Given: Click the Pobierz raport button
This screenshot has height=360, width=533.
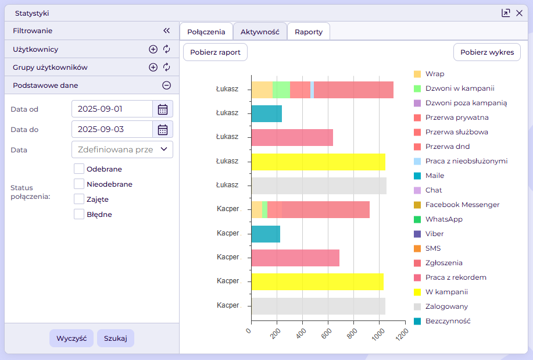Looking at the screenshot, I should [x=215, y=52].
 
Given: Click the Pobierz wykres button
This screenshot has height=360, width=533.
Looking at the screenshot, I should [x=487, y=52].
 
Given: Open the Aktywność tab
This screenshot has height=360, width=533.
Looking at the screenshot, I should [x=260, y=32].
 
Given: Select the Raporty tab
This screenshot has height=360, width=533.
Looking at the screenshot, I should [x=309, y=32].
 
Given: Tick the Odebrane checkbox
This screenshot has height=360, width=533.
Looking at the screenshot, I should [x=79, y=169].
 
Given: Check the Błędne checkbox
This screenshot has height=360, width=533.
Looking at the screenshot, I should [x=79, y=215].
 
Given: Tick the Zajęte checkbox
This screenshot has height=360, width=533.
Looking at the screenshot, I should [x=79, y=199].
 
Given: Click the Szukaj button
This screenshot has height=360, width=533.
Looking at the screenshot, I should [x=115, y=338].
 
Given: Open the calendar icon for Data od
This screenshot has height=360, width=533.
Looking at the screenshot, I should [x=163, y=109].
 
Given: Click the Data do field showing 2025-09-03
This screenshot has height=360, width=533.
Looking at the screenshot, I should [x=112, y=129].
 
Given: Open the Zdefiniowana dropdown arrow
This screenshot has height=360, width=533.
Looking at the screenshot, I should [x=164, y=149].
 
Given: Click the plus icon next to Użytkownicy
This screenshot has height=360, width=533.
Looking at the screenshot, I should [x=153, y=49].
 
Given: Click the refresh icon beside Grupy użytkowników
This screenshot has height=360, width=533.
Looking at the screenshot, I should [x=167, y=67].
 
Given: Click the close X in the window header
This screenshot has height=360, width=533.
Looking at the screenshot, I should [x=519, y=13].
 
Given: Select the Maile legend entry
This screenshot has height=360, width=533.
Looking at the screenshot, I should [x=434, y=176].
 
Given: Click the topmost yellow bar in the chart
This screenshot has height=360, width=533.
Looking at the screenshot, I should [x=318, y=161].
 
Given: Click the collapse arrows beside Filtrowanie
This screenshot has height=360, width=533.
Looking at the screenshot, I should [x=166, y=31].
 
